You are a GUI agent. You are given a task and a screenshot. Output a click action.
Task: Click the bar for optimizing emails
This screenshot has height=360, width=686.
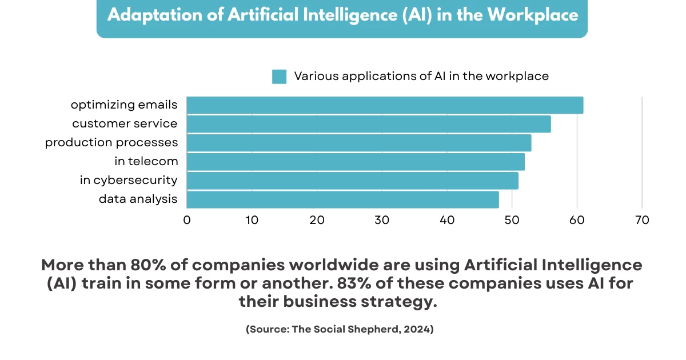385,105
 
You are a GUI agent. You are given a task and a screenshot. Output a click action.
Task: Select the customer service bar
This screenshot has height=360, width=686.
369,124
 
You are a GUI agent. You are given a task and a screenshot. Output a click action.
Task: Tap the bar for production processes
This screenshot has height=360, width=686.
359,143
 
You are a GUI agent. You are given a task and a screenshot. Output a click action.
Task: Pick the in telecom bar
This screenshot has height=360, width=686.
356,162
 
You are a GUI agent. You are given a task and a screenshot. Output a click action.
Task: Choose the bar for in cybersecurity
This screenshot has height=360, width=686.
353,181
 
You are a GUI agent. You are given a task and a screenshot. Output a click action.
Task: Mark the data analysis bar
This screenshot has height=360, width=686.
343,199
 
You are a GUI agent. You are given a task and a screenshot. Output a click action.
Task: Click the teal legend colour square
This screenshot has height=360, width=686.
279,77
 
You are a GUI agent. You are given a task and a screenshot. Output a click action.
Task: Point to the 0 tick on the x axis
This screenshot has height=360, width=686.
187,220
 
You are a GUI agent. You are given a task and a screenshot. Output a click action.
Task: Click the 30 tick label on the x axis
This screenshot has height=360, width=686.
382,220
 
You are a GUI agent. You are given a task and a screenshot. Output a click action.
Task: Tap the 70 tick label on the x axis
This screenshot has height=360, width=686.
642,220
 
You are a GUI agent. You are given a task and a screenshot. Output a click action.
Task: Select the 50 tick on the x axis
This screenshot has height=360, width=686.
512,220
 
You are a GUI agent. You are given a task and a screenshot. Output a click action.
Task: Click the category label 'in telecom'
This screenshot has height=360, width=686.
146,162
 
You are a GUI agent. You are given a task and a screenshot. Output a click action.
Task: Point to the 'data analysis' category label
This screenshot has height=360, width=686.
138,199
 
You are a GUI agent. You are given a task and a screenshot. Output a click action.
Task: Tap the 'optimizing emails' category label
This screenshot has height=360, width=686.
124,105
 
